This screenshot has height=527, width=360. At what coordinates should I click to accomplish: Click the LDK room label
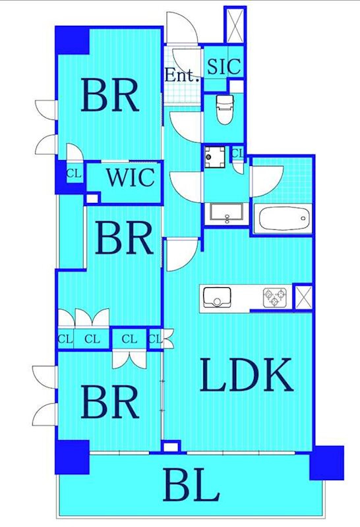[247, 375]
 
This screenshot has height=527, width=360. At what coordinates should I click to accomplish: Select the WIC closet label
[131, 177]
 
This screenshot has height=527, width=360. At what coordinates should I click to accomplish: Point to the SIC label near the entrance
[224, 67]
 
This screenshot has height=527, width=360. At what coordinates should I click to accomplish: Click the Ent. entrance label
[181, 75]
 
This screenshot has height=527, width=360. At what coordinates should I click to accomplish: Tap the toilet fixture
[224, 109]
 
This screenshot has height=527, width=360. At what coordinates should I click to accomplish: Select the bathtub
[283, 219]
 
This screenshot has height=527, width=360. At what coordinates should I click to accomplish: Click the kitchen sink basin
[217, 297]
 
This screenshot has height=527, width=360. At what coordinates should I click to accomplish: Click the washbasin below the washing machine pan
[226, 213]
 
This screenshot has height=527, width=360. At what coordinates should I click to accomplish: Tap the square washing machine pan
[215, 157]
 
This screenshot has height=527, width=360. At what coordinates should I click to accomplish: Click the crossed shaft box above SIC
[235, 25]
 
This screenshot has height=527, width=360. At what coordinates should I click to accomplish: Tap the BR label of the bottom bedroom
[110, 402]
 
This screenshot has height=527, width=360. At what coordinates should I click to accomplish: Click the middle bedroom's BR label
[124, 238]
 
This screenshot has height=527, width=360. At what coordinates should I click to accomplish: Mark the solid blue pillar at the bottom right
[326, 462]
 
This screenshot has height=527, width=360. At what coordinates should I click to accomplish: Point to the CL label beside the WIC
[74, 174]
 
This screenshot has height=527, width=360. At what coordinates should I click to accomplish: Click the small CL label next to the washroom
[237, 153]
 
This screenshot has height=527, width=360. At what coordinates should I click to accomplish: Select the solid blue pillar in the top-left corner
[72, 40]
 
